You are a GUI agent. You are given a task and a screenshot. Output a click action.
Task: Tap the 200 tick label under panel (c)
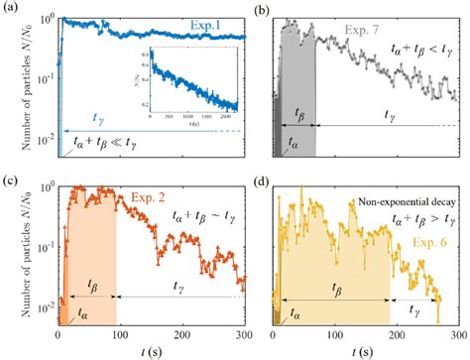click(x=183, y=335)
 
